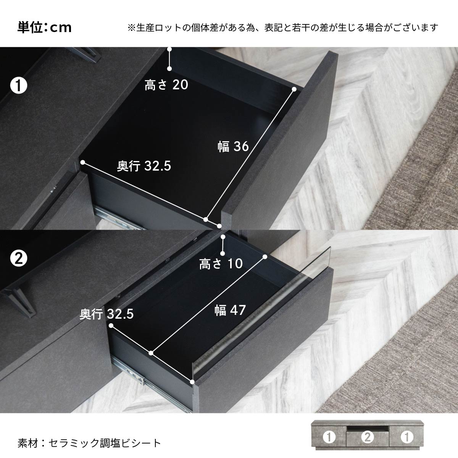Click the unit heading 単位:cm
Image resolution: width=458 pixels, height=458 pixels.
[44, 27]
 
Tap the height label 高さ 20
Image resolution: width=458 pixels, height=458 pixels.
[166, 85]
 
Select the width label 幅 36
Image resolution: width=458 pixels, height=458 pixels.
[233, 147]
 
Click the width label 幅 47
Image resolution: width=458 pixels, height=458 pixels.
[230, 310]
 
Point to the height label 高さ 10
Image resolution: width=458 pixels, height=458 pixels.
[221, 264]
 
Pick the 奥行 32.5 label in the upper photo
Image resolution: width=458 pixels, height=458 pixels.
[144, 166]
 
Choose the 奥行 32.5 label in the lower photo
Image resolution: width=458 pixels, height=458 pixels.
[107, 314]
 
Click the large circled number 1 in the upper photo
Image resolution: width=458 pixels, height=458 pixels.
[19, 86]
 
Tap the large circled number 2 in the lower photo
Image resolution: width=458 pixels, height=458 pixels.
[19, 259]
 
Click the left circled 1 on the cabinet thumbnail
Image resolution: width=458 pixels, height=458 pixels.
[329, 437]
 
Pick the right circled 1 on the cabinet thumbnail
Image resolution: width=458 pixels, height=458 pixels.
[407, 437]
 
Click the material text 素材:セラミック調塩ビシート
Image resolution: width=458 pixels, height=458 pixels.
[89, 443]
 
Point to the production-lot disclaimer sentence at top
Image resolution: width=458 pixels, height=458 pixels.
[283, 28]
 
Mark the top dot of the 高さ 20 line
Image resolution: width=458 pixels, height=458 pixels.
[169, 49]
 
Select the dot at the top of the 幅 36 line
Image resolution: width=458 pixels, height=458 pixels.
[294, 89]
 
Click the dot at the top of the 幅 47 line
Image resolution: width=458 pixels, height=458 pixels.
[265, 257]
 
